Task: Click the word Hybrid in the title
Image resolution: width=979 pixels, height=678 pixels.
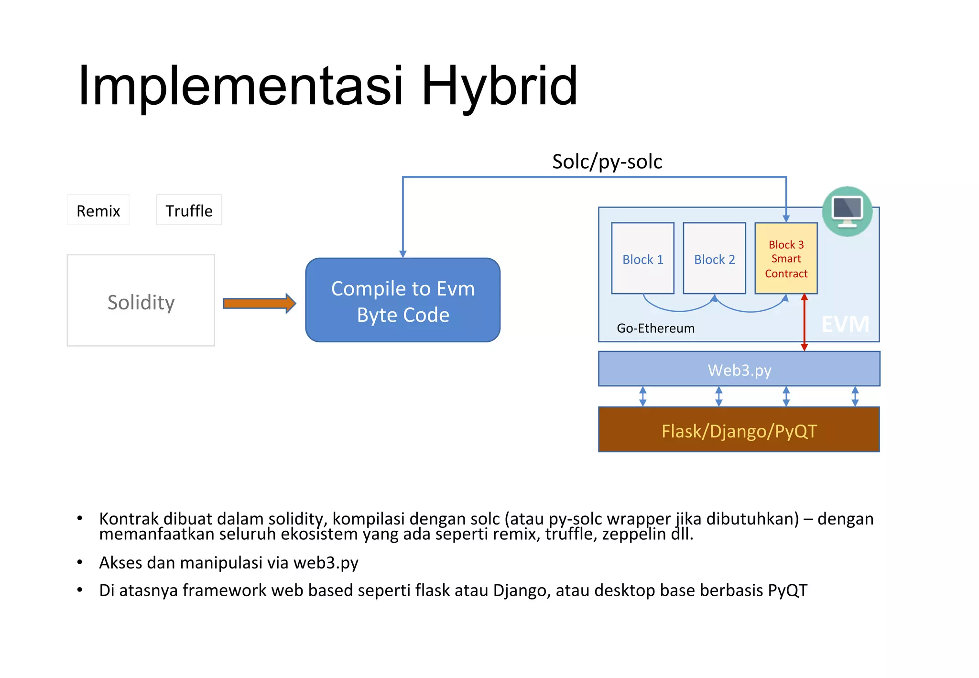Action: click(x=499, y=86)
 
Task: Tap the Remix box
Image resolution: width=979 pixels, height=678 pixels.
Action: click(x=98, y=210)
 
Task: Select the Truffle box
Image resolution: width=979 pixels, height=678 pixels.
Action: click(x=189, y=210)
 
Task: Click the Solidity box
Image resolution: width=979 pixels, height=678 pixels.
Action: click(x=141, y=301)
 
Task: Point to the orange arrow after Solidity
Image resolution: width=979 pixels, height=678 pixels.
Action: click(x=259, y=304)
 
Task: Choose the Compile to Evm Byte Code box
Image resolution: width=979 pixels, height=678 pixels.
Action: click(x=403, y=301)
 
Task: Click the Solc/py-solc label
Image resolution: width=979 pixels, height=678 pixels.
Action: click(x=607, y=162)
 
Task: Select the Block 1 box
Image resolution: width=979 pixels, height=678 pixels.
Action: click(x=643, y=259)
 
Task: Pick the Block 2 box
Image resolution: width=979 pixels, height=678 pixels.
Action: click(x=715, y=259)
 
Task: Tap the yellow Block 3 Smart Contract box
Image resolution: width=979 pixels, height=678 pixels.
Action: click(x=786, y=259)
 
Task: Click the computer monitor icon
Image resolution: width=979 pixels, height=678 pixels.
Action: click(x=847, y=211)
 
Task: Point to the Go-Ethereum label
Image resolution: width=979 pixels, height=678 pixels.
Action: click(x=655, y=328)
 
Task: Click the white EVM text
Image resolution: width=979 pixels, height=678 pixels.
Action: click(x=845, y=325)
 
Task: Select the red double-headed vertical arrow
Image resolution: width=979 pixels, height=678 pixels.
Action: click(x=805, y=323)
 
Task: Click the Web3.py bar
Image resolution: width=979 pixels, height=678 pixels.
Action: click(x=739, y=370)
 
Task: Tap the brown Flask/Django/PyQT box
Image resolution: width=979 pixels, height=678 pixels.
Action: click(x=739, y=430)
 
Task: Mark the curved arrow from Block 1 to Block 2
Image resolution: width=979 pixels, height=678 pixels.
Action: click(x=679, y=308)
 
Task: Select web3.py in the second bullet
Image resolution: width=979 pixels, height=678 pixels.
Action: click(x=326, y=563)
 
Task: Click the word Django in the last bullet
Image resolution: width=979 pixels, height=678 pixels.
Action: click(x=522, y=591)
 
